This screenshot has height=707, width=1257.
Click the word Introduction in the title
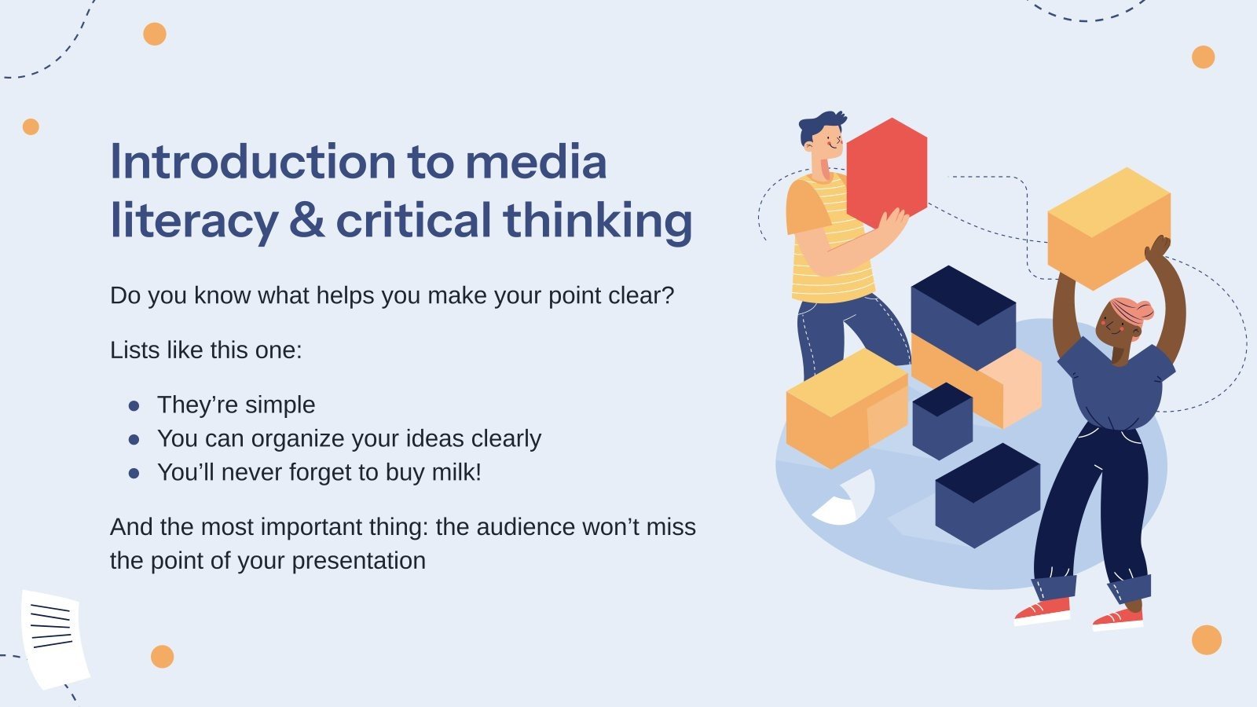252,162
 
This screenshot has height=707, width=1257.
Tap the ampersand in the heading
306,220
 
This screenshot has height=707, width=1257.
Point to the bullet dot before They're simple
134,405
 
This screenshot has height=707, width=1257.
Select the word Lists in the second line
135,350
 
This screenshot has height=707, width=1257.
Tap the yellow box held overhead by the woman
1109,228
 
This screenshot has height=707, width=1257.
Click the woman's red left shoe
1042,610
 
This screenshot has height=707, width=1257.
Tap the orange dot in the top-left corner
155,35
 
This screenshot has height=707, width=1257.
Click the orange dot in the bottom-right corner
1206,639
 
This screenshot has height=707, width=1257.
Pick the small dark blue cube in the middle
942,420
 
